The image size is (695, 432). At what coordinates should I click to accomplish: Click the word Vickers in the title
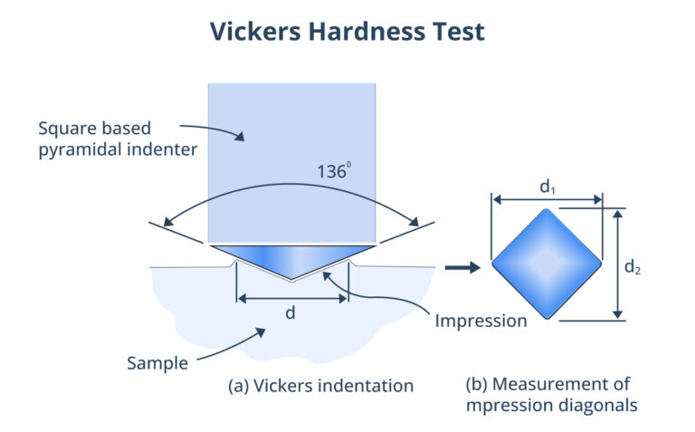coord(252,32)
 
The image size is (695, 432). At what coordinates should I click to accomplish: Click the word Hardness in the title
coord(360,32)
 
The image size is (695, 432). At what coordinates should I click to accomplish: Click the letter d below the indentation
coord(291,312)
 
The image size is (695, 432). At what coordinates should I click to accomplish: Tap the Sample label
coord(157,364)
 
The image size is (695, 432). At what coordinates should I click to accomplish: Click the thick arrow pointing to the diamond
coord(462,267)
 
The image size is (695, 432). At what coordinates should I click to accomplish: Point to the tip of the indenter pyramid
coord(291,277)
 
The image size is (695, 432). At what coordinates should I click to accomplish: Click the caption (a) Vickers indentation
coord(321,386)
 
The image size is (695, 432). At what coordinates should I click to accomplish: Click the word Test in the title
coord(457,32)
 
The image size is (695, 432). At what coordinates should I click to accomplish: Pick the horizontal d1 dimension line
coord(547,200)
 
